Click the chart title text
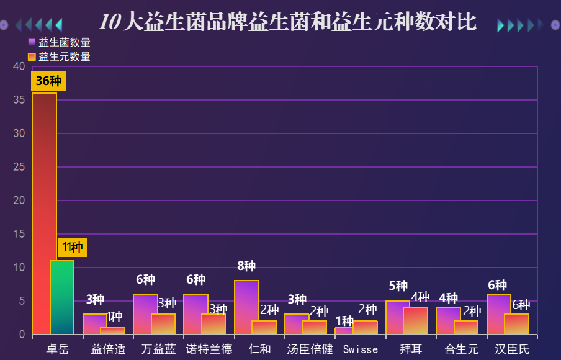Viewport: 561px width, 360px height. click(x=287, y=22)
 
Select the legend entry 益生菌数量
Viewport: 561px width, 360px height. click(x=59, y=42)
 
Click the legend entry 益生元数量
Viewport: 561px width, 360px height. click(x=59, y=56)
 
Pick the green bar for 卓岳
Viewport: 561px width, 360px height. click(x=62, y=297)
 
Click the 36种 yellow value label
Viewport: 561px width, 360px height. click(x=48, y=81)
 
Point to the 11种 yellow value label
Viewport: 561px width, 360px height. click(x=73, y=248)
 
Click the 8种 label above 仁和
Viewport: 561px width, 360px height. click(x=246, y=266)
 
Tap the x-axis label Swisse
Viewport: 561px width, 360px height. click(x=360, y=349)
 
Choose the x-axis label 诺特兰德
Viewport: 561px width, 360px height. click(x=209, y=349)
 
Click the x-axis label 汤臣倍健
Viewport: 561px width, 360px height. click(x=310, y=349)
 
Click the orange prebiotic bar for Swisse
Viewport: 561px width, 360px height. click(x=365, y=328)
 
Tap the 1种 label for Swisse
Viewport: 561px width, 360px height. click(x=344, y=321)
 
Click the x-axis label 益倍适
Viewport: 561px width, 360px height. click(x=108, y=349)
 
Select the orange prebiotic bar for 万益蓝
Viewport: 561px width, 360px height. click(x=163, y=324)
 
